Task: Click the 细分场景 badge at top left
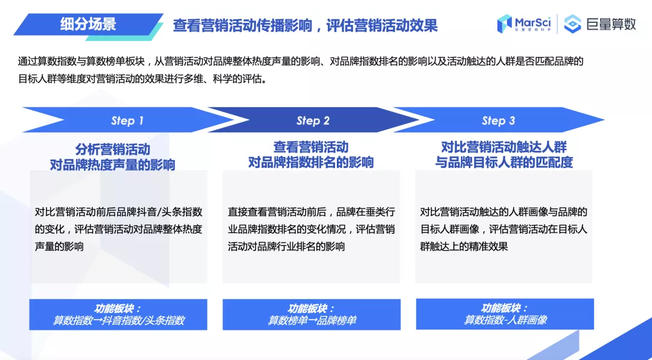88,25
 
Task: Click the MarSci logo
523,24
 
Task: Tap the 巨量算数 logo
599,25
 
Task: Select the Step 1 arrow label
127,121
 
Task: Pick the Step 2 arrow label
313,121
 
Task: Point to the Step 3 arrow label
498,121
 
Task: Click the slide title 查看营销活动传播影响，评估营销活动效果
305,25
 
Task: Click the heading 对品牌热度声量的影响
112,163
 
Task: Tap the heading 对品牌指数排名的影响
311,162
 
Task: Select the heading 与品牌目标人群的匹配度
504,162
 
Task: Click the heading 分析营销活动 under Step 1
112,149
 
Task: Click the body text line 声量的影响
59,246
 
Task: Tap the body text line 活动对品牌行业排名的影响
286,246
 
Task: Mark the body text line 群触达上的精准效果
464,246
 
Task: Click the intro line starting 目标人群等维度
142,79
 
